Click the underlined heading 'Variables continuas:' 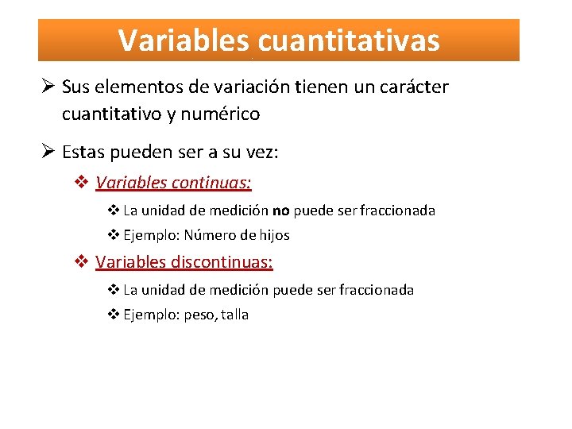click(x=173, y=184)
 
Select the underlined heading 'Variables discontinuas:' click(x=184, y=262)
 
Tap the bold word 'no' click(x=280, y=211)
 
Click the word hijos click(x=273, y=235)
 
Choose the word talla click(x=235, y=315)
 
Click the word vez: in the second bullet click(x=261, y=152)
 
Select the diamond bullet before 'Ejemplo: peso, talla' click(x=114, y=315)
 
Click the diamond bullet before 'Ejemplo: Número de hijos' click(x=114, y=235)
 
